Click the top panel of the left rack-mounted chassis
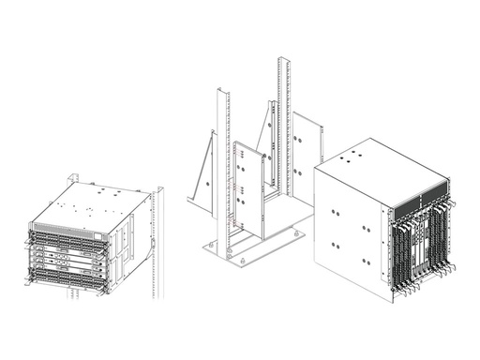pos(89,201)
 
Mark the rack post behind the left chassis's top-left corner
pos(72,181)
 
